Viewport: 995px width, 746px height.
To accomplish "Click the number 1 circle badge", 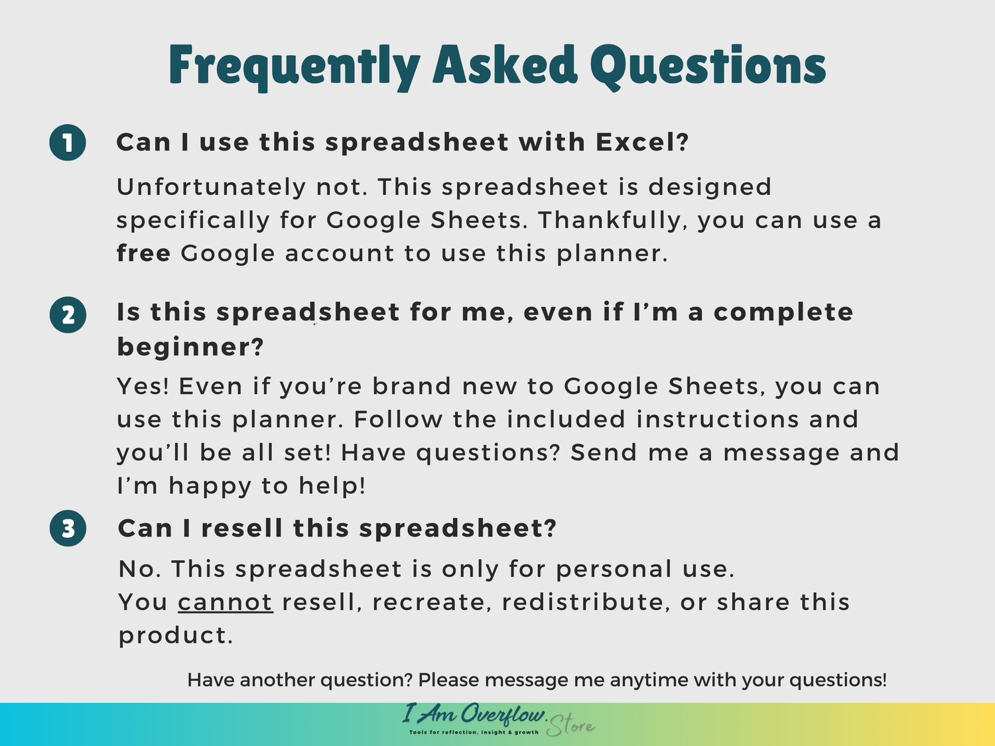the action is point(68,143).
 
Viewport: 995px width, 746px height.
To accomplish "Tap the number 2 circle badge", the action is point(68,315).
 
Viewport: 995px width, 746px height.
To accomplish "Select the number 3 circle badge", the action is point(68,528).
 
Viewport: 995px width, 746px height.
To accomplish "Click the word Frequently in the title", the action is point(295,67).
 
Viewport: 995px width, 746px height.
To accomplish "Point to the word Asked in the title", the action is point(505,65).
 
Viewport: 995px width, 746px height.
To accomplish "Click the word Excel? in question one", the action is point(642,142).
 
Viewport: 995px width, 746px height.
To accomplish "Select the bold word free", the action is point(144,253).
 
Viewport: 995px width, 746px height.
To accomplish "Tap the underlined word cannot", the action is point(226,603).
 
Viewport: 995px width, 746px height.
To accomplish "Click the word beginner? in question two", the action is point(190,348).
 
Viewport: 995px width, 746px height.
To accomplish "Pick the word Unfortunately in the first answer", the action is point(211,188).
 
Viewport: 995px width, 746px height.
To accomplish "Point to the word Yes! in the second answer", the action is point(143,387).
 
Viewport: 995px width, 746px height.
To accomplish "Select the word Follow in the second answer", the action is point(398,420).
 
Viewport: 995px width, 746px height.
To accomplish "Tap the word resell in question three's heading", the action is point(242,528).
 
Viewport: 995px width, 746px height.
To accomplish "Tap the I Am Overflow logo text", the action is point(474,714).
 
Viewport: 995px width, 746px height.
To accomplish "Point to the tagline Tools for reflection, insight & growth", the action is point(474,733).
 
